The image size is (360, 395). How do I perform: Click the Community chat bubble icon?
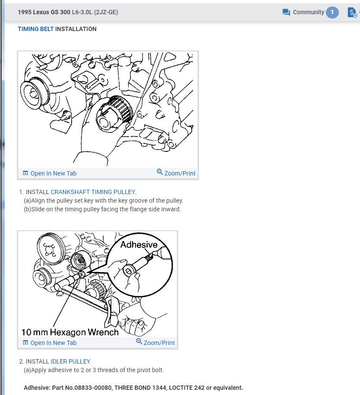[x=286, y=13]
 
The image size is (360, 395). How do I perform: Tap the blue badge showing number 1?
[x=332, y=13]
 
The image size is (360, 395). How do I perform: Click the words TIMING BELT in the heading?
[x=35, y=29]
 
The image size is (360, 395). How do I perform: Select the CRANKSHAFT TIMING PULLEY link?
[x=93, y=192]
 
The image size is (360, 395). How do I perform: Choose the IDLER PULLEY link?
[x=71, y=361]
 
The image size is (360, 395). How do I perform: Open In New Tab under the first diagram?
[x=50, y=173]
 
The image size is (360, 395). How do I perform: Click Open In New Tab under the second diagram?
[x=50, y=343]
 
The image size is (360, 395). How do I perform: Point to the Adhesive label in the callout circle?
[x=139, y=245]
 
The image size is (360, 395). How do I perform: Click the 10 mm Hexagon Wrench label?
[x=70, y=332]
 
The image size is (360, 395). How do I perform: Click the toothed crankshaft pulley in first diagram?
[x=115, y=114]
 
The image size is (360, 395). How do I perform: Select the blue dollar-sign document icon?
[x=352, y=13]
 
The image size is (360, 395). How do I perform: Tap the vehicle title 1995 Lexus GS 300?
[x=44, y=13]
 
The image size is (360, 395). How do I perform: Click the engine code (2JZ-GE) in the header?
[x=106, y=13]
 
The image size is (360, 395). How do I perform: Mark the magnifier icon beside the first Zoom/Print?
[x=160, y=172]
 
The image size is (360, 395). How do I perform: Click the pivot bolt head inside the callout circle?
[x=129, y=271]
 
